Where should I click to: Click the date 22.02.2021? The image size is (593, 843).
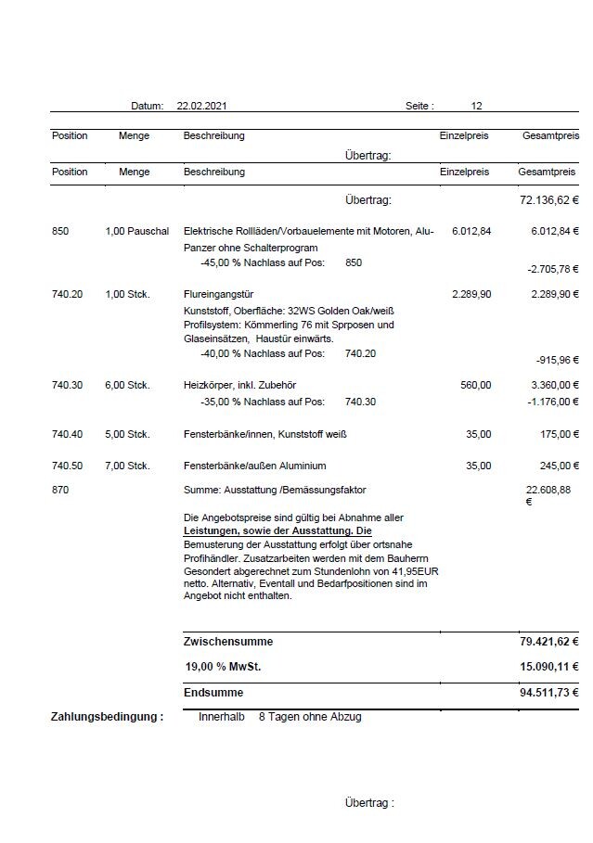pyautogui.click(x=201, y=107)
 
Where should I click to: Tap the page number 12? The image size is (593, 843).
pyautogui.click(x=476, y=107)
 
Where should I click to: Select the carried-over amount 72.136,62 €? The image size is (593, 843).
pyautogui.click(x=548, y=200)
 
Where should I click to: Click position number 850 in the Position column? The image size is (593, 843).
pyautogui.click(x=60, y=231)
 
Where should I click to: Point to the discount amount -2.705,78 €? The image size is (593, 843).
pyautogui.click(x=552, y=269)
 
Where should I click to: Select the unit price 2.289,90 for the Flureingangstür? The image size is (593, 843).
pyautogui.click(x=471, y=294)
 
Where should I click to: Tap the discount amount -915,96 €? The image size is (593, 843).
pyautogui.click(x=557, y=360)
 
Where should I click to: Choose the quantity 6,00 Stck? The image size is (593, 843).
pyautogui.click(x=127, y=385)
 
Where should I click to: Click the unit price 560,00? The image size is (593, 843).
pyautogui.click(x=476, y=385)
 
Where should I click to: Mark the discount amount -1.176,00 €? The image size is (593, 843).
pyautogui.click(x=552, y=402)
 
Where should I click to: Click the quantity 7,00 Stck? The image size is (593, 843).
pyautogui.click(x=127, y=466)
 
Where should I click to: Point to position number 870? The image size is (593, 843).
pyautogui.click(x=60, y=489)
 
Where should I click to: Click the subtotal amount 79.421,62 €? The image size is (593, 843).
pyautogui.click(x=548, y=642)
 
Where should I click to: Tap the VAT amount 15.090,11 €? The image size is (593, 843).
pyautogui.click(x=548, y=667)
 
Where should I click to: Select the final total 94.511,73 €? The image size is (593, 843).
pyautogui.click(x=548, y=693)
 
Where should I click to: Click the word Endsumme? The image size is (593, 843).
pyautogui.click(x=213, y=693)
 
